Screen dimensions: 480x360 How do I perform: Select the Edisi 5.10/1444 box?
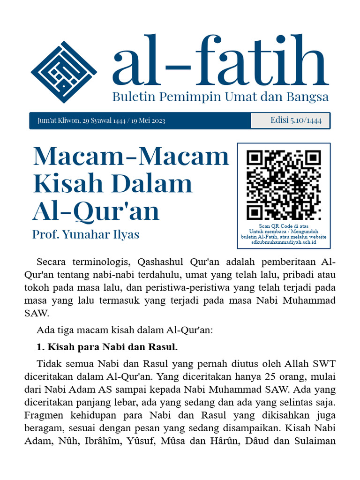pyautogui.click(x=290, y=120)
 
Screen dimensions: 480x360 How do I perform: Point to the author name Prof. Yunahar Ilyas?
pyautogui.click(x=86, y=234)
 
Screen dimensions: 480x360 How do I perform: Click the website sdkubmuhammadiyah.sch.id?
pyautogui.click(x=284, y=242)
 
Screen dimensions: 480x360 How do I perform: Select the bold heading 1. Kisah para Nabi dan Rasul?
pyautogui.click(x=107, y=347)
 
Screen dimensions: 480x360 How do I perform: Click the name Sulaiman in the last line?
pyautogui.click(x=317, y=441)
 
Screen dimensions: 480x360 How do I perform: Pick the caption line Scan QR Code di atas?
pyautogui.click(x=284, y=226)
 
